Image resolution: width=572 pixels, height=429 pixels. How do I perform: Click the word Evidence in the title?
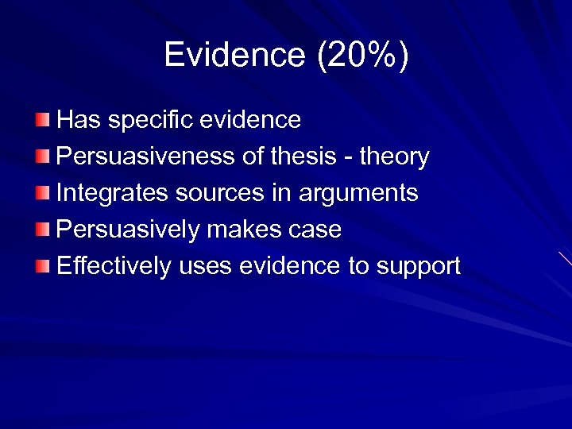click(234, 55)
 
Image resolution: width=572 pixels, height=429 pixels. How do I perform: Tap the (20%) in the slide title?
click(362, 55)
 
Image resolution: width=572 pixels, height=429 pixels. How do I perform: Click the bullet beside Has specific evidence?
click(42, 120)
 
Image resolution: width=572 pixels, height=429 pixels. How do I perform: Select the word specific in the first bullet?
click(150, 120)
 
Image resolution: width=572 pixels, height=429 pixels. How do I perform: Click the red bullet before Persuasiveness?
click(42, 157)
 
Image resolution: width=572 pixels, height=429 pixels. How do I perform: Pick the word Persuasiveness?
click(147, 157)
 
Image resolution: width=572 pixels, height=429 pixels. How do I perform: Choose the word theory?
click(394, 157)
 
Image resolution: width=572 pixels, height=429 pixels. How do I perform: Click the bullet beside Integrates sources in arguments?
click(42, 193)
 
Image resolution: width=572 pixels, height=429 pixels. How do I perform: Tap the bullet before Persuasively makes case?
click(42, 230)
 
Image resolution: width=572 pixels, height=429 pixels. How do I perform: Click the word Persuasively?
click(128, 230)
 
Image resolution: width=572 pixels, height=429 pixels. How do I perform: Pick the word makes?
click(242, 230)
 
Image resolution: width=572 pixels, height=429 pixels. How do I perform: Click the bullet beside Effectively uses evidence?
click(42, 266)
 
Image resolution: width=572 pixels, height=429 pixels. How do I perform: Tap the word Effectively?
click(114, 266)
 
